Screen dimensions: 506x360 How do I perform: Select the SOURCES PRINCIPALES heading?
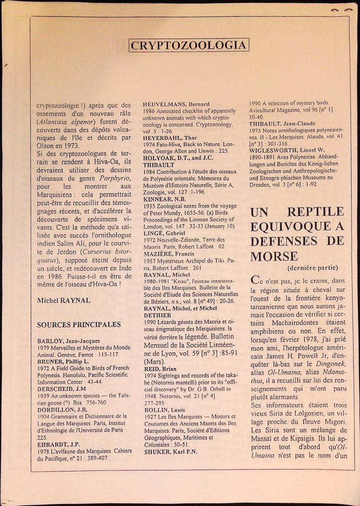79,325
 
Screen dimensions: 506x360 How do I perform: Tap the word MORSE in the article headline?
274,256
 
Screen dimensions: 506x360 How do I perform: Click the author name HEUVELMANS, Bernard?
170,104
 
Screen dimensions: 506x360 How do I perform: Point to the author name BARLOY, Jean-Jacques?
69,341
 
